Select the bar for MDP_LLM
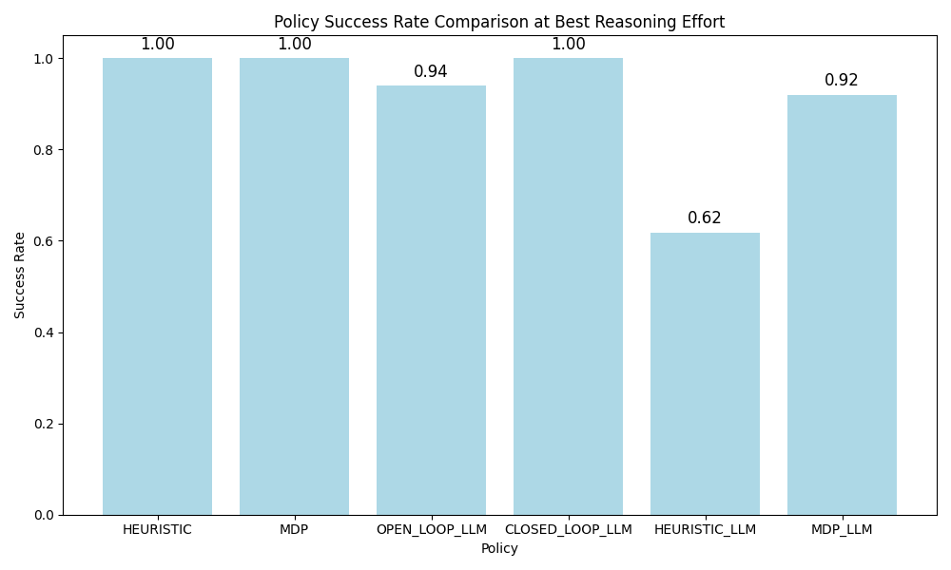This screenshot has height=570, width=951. tap(842, 305)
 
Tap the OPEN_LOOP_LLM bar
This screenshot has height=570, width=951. tap(431, 300)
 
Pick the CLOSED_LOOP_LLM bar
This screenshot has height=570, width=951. tap(568, 286)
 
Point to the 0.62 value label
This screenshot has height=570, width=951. tap(705, 218)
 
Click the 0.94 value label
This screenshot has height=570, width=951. tap(431, 72)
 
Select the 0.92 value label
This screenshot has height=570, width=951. tap(842, 81)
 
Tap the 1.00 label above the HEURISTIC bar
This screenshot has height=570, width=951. tap(157, 45)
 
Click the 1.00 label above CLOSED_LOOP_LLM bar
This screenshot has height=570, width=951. tap(568, 45)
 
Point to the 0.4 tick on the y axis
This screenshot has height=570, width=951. tap(45, 332)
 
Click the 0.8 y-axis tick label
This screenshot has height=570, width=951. tap(45, 150)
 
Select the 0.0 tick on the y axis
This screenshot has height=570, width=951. tap(45, 515)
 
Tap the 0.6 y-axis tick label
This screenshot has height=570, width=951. tap(45, 241)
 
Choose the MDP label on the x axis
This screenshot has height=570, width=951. tap(294, 530)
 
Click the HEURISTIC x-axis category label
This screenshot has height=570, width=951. tap(157, 530)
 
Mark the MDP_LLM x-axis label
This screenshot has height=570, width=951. tap(842, 530)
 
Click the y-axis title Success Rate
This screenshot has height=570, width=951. tap(20, 275)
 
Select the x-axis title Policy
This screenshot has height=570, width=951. tap(499, 549)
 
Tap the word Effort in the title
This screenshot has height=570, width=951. tap(702, 22)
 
